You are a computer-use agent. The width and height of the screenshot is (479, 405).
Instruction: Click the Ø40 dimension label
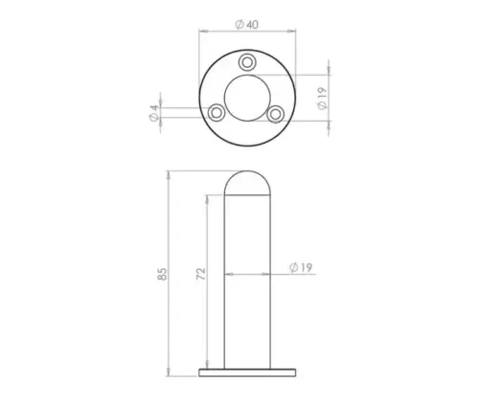click(247, 24)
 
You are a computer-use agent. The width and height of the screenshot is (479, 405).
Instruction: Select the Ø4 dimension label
click(154, 113)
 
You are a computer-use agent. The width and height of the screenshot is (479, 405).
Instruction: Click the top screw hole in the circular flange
click(247, 63)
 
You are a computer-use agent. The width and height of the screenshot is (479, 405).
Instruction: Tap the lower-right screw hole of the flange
click(276, 114)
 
